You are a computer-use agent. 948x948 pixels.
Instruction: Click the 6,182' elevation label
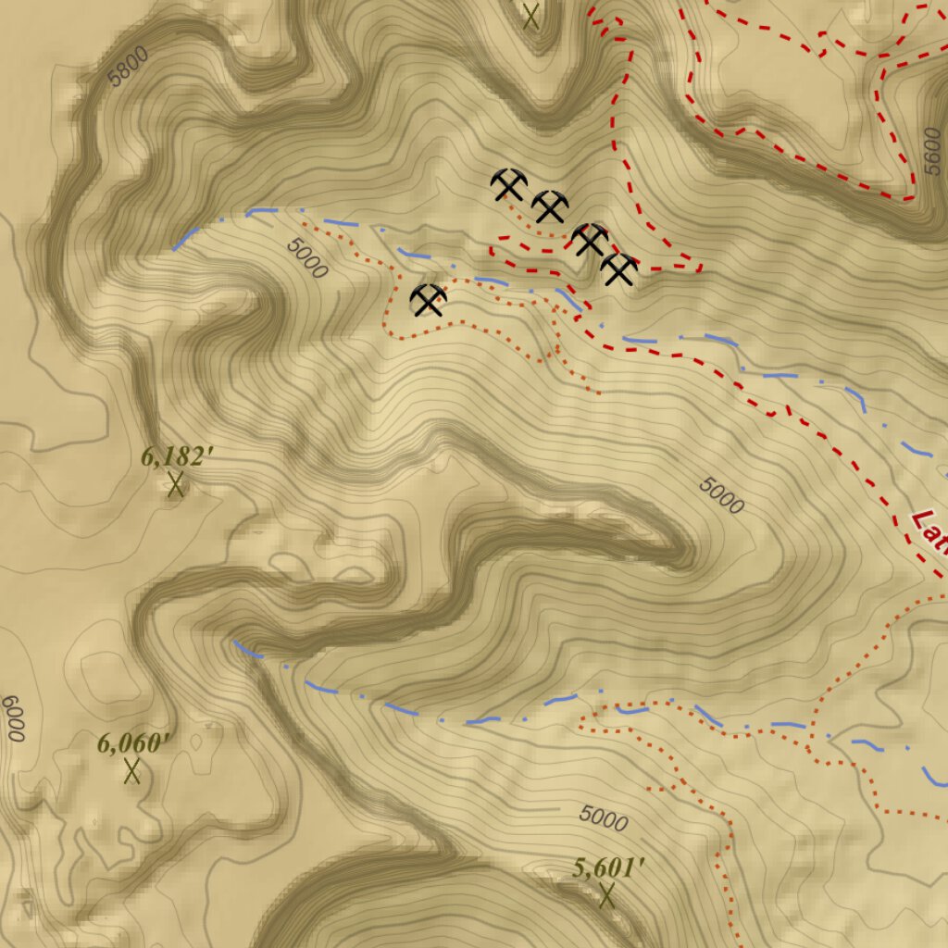tap(178, 456)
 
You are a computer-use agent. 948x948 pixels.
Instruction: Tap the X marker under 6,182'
tap(175, 484)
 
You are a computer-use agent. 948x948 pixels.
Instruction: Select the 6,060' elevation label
tap(135, 742)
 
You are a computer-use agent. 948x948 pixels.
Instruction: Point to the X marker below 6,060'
tap(131, 771)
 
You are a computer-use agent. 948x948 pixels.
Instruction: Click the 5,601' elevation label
tap(608, 867)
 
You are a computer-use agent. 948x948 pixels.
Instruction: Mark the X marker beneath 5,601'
tap(607, 895)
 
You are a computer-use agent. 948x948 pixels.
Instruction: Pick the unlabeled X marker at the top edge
tap(530, 16)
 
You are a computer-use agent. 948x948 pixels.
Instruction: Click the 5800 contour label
tap(127, 67)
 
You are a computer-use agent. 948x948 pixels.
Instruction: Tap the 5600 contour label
tap(932, 155)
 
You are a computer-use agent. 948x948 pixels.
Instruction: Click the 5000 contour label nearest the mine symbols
tap(307, 258)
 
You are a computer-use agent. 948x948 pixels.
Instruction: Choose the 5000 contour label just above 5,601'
tap(604, 818)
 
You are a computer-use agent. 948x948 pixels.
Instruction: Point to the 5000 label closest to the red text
tap(722, 495)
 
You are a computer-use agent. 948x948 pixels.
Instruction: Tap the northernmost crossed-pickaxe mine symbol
tap(509, 185)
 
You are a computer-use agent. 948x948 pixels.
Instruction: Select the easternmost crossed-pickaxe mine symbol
tap(619, 269)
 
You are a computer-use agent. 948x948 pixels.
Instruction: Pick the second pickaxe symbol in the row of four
tap(550, 206)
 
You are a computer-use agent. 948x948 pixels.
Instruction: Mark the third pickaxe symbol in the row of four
tap(589, 240)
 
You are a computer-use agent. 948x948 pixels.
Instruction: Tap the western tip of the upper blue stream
tap(174, 249)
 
